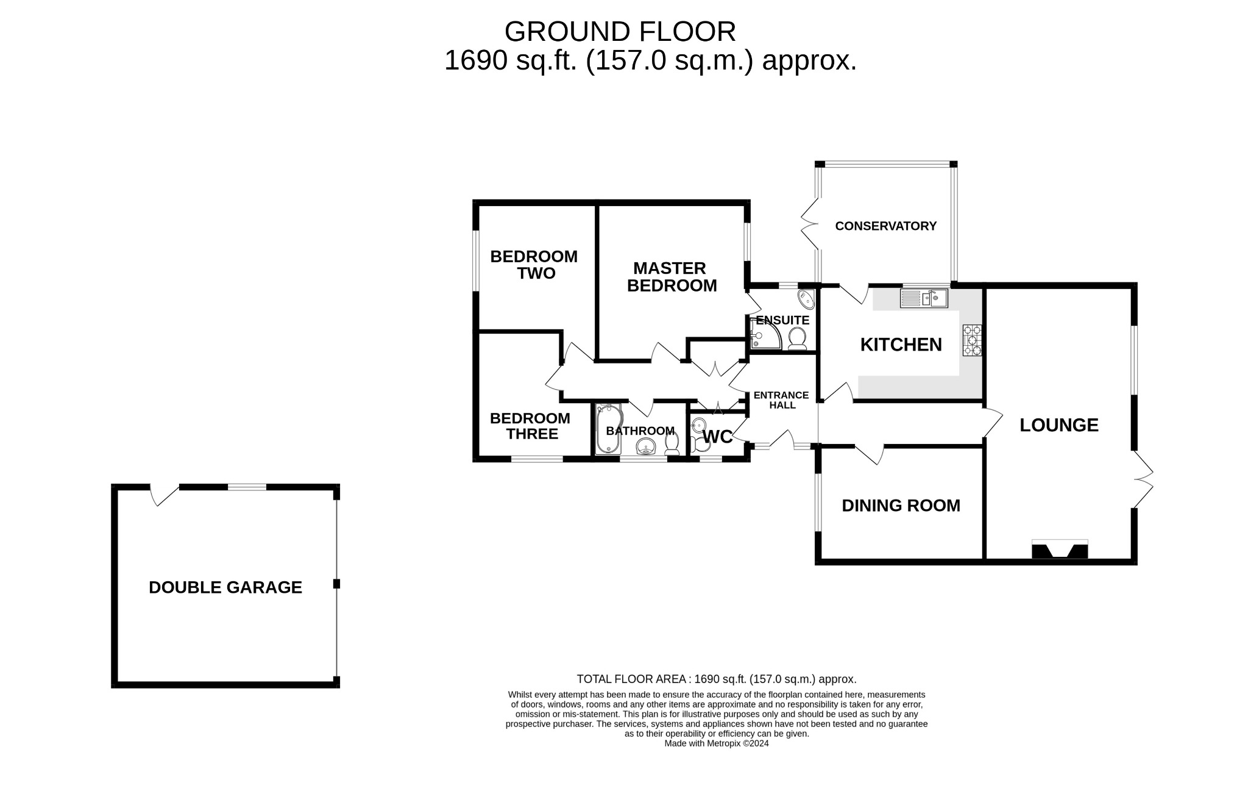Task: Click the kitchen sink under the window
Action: tap(924, 298)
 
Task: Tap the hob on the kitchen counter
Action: tap(972, 340)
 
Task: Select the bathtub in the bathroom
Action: tap(608, 429)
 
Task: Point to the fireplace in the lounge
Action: tap(1059, 550)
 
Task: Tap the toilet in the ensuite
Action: tap(797, 337)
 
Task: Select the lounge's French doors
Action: tap(1143, 479)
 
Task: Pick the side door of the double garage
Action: tap(163, 494)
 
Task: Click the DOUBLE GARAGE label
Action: tap(225, 587)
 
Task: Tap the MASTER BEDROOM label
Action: tap(672, 277)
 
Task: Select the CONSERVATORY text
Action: tap(885, 226)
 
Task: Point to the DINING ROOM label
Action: tap(901, 506)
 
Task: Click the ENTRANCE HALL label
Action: tap(781, 400)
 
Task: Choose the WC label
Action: tap(717, 437)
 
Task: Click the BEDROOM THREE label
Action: tap(530, 426)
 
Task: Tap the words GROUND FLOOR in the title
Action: tap(620, 32)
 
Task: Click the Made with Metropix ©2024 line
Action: tap(717, 743)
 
